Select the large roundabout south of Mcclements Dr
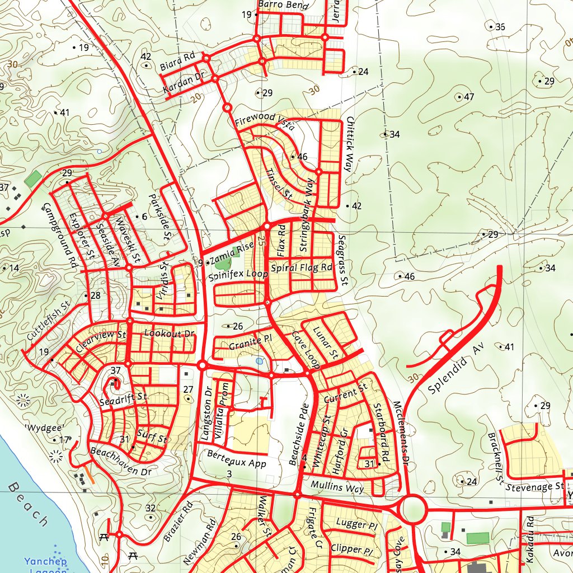[x=414, y=510]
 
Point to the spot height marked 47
[x=465, y=97]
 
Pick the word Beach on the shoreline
[x=28, y=504]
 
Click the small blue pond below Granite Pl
[x=259, y=361]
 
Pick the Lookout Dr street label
[x=169, y=333]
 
